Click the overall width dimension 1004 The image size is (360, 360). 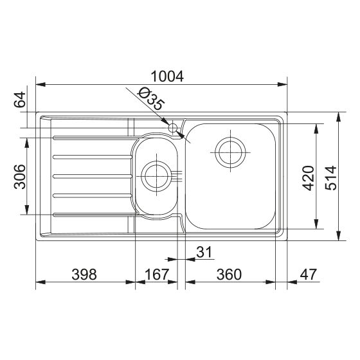pos(167,76)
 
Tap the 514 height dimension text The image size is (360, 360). pos(330,178)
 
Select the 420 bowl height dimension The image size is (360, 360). pos(308,178)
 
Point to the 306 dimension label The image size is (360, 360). pos(19,177)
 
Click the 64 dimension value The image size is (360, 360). pos(19,100)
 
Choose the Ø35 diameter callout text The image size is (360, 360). pos(150,99)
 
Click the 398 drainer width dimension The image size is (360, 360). pos(84,274)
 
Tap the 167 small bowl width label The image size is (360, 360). pos(157,274)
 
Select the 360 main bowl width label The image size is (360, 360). pos(229,274)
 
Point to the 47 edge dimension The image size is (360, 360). pos(309,274)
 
